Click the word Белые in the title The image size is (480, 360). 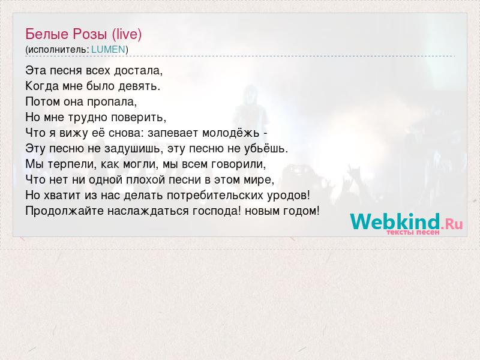tap(47, 34)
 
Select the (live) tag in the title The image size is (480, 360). tap(127, 34)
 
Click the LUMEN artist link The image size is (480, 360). tap(108, 50)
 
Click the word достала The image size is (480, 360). tap(138, 71)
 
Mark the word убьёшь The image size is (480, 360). tap(266, 149)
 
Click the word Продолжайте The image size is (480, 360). tap(65, 211)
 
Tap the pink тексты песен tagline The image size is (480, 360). tap(413, 232)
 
